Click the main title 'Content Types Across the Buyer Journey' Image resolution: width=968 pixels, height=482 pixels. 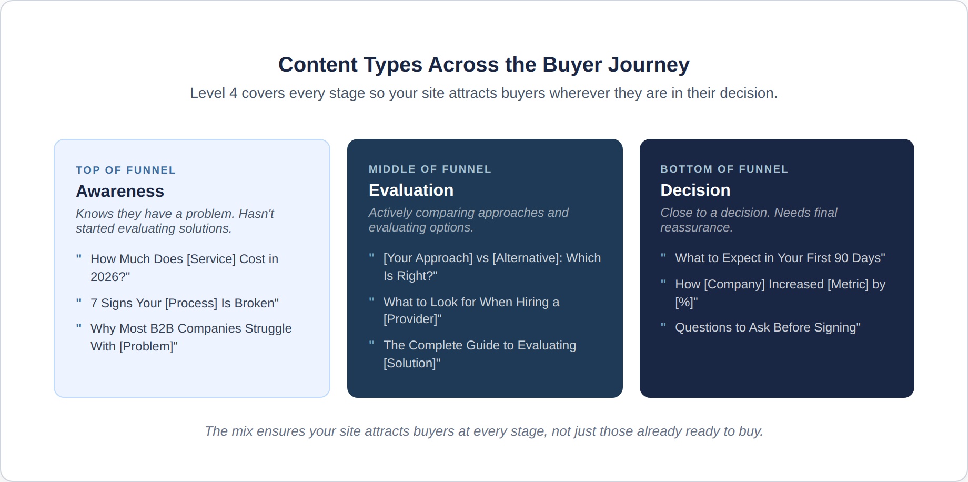tap(483, 65)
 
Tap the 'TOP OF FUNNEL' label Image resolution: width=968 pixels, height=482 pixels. tap(126, 170)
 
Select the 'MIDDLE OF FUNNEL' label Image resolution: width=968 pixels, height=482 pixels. tap(430, 169)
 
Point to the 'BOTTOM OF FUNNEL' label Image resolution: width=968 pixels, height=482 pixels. tap(724, 169)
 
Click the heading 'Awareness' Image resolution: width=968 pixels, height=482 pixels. tap(120, 191)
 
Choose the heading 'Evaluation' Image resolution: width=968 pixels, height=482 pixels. tap(411, 190)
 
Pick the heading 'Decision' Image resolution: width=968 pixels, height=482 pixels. tap(695, 190)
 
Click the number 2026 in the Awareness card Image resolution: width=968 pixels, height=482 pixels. tap(104, 277)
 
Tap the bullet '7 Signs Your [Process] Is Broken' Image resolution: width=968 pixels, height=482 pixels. tap(185, 303)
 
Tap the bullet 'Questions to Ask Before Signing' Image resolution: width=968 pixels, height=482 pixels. tap(768, 327)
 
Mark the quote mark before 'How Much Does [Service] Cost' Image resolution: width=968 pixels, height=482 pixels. tap(79, 257)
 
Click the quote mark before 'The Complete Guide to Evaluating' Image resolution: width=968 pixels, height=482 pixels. tap(371, 344)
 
